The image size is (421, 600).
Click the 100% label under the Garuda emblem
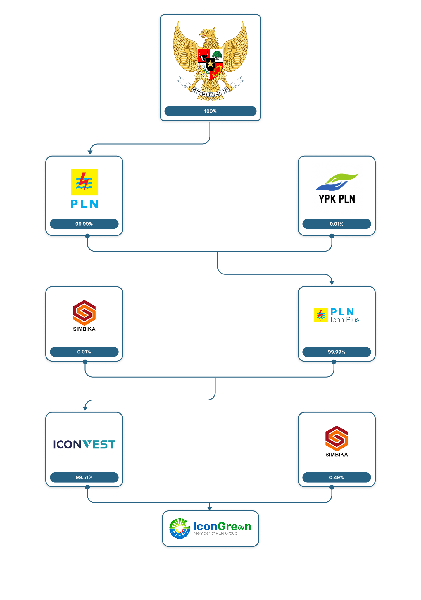coord(210,111)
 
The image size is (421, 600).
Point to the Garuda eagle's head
coord(208,32)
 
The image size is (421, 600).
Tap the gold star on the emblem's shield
coord(210,63)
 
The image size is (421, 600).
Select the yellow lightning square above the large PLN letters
coord(84,182)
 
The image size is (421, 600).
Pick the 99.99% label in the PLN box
coord(84,224)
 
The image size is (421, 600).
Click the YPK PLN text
coord(337,199)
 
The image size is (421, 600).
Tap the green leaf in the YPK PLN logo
coord(342,178)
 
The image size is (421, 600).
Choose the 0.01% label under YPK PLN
coord(337,224)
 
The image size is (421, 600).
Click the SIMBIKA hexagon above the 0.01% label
coord(84,312)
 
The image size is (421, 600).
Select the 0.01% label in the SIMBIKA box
coord(84,352)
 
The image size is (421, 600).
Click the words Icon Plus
coord(345,320)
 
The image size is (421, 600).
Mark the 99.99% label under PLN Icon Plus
coord(337,352)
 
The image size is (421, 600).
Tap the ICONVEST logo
coord(84,444)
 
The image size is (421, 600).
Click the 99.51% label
coord(84,477)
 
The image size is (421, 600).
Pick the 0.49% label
coord(337,477)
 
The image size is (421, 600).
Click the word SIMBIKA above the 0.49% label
coord(337,455)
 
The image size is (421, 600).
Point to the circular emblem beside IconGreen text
coord(180,528)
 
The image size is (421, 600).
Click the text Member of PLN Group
coord(215,533)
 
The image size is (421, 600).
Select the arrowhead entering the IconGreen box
coord(210,508)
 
